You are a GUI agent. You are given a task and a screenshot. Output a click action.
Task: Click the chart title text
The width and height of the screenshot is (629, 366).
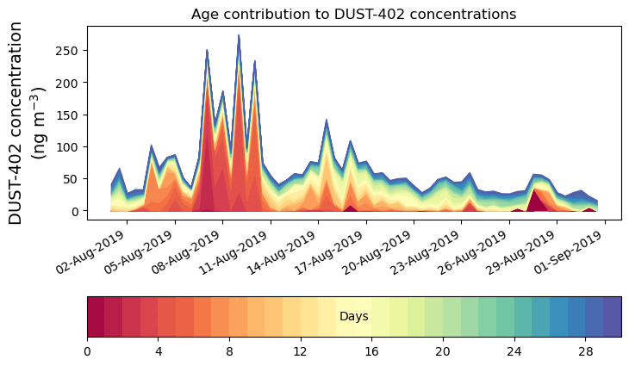pos(353,14)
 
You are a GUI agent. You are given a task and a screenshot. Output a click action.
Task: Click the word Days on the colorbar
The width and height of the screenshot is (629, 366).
pos(354,317)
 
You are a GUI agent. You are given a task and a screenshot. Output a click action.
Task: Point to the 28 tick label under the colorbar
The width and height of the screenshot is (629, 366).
pos(585,352)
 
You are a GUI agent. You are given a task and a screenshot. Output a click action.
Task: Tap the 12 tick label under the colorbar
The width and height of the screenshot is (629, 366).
pos(301,352)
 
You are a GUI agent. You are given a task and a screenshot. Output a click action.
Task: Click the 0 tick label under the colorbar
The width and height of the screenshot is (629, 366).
pos(87,352)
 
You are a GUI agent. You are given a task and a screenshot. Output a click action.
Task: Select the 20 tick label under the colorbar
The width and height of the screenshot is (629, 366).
pos(443,352)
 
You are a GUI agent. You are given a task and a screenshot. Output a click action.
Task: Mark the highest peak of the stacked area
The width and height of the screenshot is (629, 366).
pos(239,36)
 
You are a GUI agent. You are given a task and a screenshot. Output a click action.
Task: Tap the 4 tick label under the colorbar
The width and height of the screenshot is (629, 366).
pos(159,352)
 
